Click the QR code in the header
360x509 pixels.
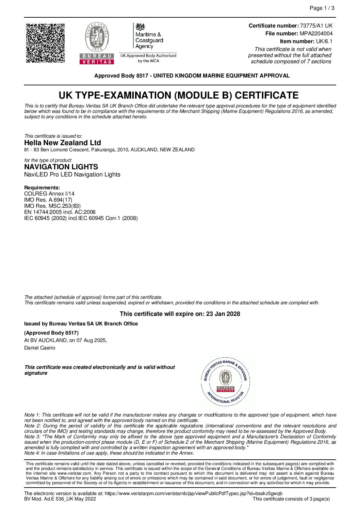pyautogui.click(x=45, y=43)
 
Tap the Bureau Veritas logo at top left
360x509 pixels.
pyautogui.click(x=97, y=43)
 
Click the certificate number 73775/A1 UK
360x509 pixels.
pyautogui.click(x=316, y=26)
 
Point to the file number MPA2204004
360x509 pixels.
pyautogui.click(x=316, y=34)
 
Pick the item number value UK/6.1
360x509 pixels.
pyautogui.click(x=324, y=41)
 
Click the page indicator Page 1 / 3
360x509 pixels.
pyautogui.click(x=322, y=8)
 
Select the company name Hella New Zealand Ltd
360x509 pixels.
pyautogui.click(x=63, y=143)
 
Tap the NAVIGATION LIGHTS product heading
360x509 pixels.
pyautogui.click(x=61, y=167)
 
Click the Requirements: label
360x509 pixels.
pyautogui.click(x=42, y=188)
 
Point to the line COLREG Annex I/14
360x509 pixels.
pyautogui.click(x=49, y=194)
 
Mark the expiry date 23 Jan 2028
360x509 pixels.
pyautogui.click(x=223, y=314)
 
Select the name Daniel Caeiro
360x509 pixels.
pyautogui.click(x=39, y=348)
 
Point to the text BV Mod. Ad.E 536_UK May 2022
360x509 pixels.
pyautogui.click(x=60, y=499)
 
